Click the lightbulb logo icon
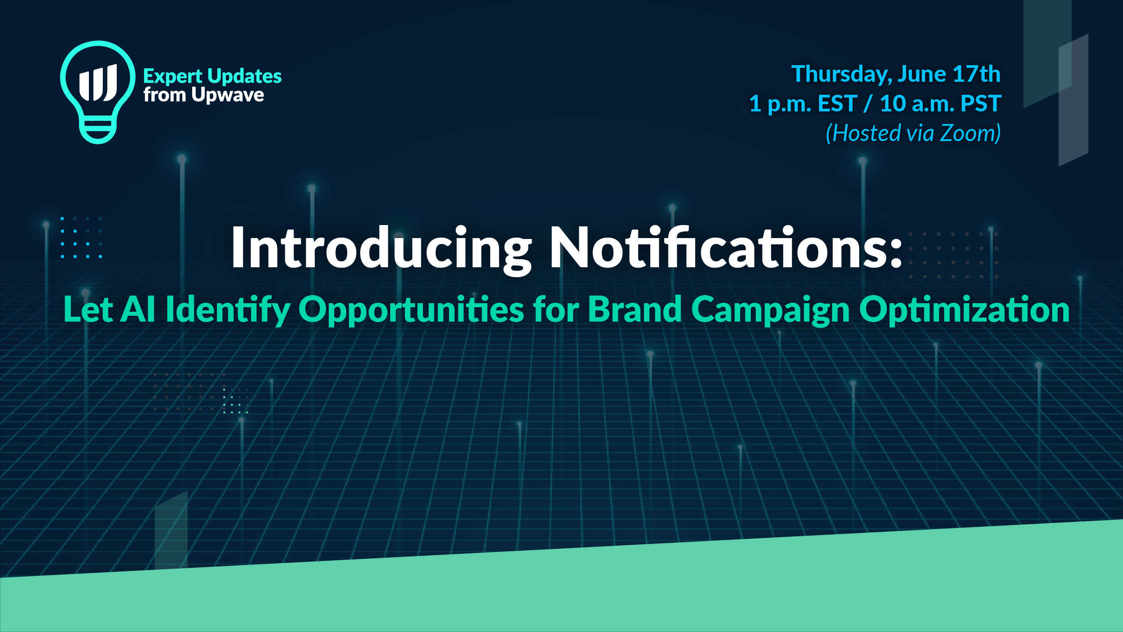(x=97, y=92)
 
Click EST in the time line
(x=837, y=104)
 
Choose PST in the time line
(x=981, y=104)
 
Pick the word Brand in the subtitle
(x=635, y=309)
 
